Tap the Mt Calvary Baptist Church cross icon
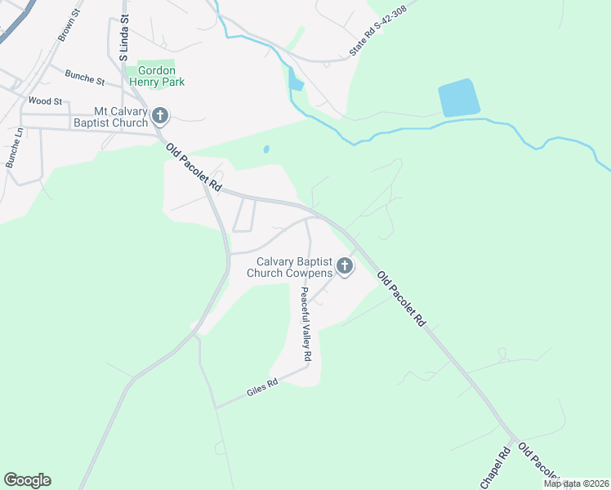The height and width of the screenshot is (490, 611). [160, 117]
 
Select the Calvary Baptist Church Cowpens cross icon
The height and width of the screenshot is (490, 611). [345, 267]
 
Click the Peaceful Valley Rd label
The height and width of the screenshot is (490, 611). [305, 324]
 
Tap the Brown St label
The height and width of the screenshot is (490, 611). [66, 27]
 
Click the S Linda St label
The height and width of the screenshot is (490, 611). [123, 38]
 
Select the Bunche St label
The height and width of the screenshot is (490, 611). [86, 79]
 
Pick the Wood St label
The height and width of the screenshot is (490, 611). [45, 100]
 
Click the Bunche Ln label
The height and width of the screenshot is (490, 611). [14, 148]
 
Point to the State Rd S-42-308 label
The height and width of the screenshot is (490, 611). [377, 33]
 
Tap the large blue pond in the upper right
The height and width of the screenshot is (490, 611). [458, 99]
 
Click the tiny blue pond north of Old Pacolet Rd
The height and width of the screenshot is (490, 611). [265, 149]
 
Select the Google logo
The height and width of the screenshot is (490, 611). [27, 479]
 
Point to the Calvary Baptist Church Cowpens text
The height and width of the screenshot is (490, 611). [294, 267]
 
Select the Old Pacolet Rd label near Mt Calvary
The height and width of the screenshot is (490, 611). [194, 167]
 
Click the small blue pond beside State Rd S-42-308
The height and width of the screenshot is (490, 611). [294, 82]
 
